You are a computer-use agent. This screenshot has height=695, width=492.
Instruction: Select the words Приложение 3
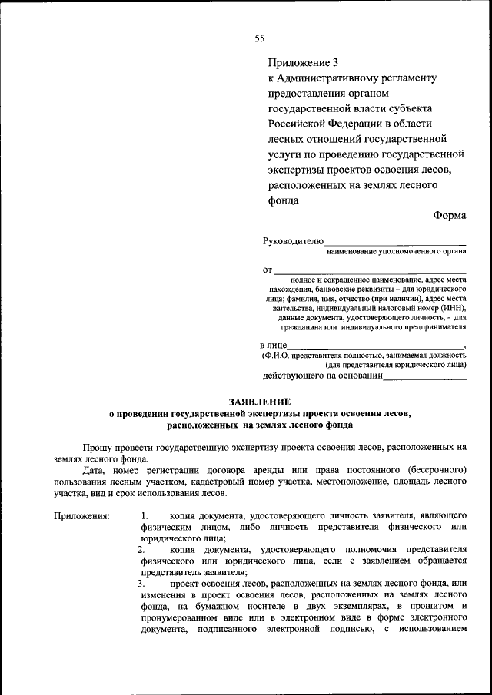pyautogui.click(x=303, y=62)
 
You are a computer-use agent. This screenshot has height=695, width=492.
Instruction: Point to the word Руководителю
pyautogui.click(x=293, y=240)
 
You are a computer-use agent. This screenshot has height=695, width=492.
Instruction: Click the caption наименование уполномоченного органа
pyautogui.click(x=397, y=251)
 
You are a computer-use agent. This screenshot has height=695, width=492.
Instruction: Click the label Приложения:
pyautogui.click(x=81, y=516)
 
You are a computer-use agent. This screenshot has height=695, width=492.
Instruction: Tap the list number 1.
pyautogui.click(x=145, y=516)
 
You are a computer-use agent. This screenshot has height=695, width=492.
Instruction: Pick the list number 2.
pyautogui.click(x=141, y=551)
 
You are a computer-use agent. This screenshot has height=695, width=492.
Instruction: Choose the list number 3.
pyautogui.click(x=141, y=585)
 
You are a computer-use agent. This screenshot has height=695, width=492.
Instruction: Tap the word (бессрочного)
pyautogui.click(x=436, y=469)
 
